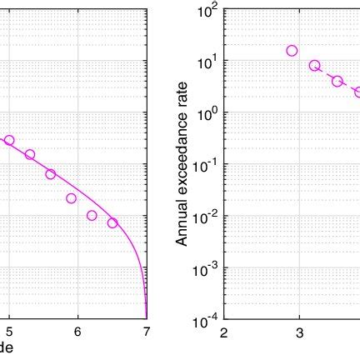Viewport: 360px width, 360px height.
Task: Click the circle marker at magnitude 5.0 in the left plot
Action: coord(9,141)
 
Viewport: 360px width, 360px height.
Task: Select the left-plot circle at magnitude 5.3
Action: coord(30,154)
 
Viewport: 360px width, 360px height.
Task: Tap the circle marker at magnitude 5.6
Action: coord(50,174)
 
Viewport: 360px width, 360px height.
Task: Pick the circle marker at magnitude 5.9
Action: coord(71,198)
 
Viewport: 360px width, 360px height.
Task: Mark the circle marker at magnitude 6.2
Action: coord(92,215)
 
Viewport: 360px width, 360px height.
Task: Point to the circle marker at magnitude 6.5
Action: coord(112,222)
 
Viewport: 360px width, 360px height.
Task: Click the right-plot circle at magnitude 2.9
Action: coord(292,51)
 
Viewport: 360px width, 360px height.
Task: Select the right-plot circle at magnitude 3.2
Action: coord(315,66)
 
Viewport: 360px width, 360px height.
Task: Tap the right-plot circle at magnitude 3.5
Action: coord(337,81)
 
